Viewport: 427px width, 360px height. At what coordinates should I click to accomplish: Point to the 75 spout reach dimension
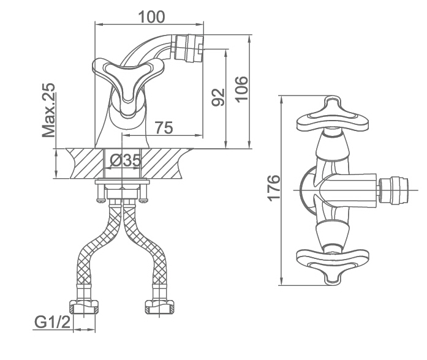(162, 127)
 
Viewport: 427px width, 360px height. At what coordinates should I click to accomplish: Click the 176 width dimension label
(274, 189)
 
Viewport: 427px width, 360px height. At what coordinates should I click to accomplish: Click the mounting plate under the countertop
(123, 182)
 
